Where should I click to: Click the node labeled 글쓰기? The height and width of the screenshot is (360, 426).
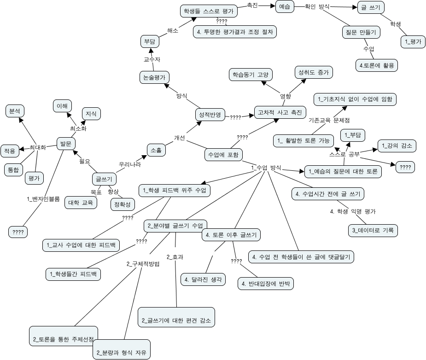pyautogui.click(x=104, y=179)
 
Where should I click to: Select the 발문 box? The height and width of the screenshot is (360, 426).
pyautogui.click(x=65, y=144)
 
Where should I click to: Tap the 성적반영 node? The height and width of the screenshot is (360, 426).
pyautogui.click(x=210, y=114)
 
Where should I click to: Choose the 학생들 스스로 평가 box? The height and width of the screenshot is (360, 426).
pyautogui.click(x=209, y=11)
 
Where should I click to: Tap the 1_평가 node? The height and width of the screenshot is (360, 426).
pyautogui.click(x=413, y=41)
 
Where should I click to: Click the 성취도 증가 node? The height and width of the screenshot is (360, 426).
pyautogui.click(x=313, y=72)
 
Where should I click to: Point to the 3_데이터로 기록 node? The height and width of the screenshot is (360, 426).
pyautogui.click(x=373, y=230)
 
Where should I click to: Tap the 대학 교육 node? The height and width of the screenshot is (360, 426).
pyautogui.click(x=80, y=203)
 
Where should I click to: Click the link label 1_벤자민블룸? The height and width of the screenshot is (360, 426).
pyautogui.click(x=44, y=199)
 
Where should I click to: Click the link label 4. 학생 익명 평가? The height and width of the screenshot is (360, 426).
pyautogui.click(x=353, y=211)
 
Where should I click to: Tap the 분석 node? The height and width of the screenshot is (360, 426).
pyautogui.click(x=15, y=111)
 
